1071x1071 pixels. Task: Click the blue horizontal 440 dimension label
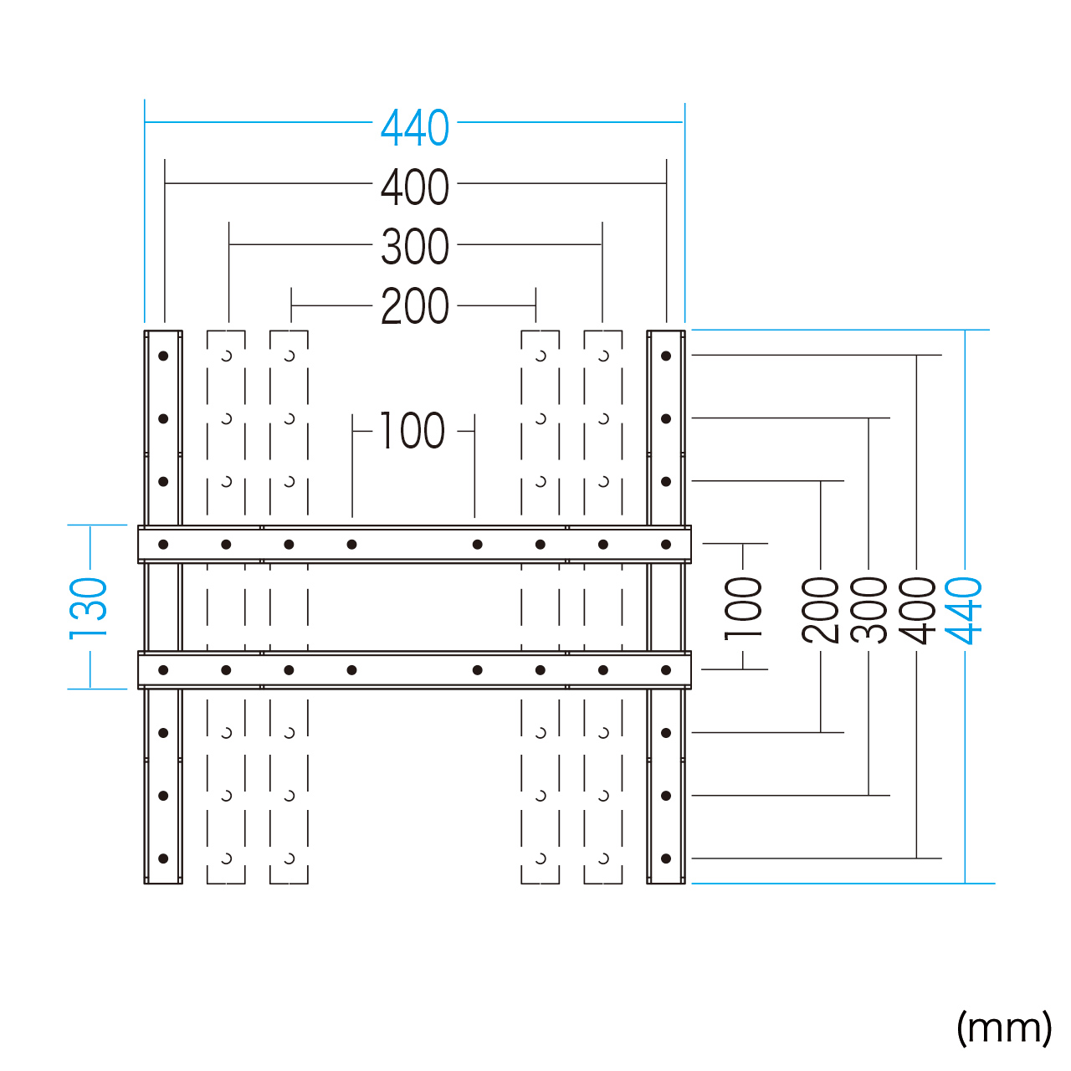[415, 128]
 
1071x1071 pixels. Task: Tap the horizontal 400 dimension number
[415, 187]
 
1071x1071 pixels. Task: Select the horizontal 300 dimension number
[415, 247]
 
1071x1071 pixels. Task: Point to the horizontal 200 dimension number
[415, 306]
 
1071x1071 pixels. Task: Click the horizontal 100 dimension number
[412, 431]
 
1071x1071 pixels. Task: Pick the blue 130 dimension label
[88, 608]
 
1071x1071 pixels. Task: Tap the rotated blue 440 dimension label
[964, 610]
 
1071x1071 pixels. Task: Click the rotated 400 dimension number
[917, 610]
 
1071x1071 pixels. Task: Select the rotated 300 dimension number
[869, 610]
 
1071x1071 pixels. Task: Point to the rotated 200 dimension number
[820, 610]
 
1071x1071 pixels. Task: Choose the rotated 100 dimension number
[743, 608]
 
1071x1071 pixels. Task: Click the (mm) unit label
[1004, 1027]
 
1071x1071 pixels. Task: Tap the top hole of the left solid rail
[163, 356]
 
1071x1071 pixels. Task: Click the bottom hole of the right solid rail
[666, 858]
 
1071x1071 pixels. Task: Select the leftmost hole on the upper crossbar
[163, 545]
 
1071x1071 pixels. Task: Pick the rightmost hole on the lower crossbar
[666, 670]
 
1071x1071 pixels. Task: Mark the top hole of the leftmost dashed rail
[226, 356]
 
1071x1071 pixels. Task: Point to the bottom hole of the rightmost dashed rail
[603, 858]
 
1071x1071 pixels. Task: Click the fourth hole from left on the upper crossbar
[351, 545]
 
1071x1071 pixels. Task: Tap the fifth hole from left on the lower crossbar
[478, 670]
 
